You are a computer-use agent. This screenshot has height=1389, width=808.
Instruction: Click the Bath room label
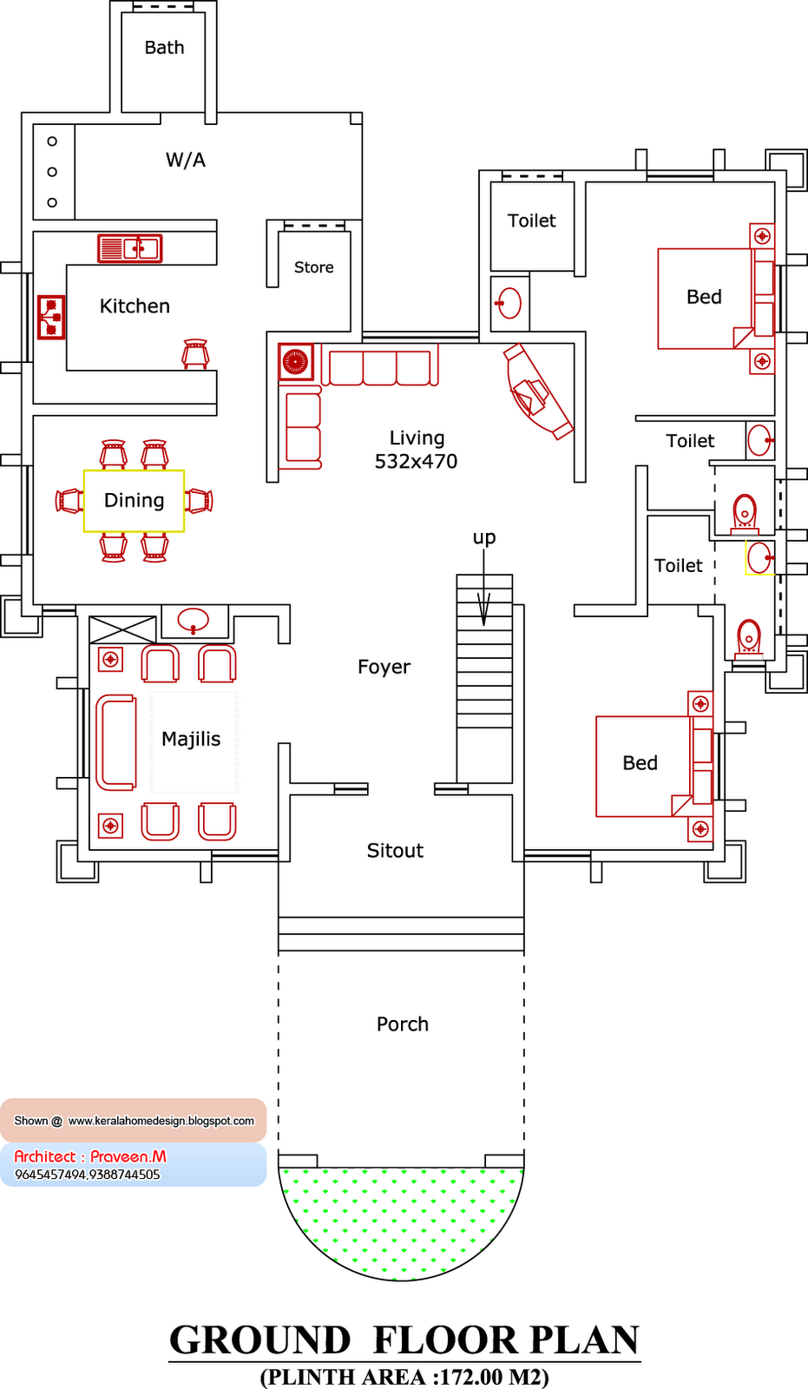click(164, 48)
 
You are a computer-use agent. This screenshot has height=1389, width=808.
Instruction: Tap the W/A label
click(186, 160)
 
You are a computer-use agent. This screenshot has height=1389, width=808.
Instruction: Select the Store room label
click(313, 267)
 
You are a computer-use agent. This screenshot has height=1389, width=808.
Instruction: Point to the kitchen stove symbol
click(51, 318)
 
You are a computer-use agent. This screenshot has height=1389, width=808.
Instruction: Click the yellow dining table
click(134, 501)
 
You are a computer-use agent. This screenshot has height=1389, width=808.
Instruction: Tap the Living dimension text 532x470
click(416, 462)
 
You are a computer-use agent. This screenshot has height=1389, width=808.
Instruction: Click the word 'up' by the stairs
click(484, 537)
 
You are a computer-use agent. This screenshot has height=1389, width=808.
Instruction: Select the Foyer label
click(384, 667)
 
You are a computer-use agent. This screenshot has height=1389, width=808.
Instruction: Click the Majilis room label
click(191, 739)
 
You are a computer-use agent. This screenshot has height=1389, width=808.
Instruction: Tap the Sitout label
click(395, 851)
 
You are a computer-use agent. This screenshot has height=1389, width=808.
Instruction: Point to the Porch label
click(403, 1024)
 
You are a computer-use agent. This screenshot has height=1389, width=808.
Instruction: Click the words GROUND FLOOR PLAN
click(404, 1340)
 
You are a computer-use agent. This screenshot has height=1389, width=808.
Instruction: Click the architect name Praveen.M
click(128, 1156)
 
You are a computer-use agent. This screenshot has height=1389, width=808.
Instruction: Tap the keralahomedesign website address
click(161, 1121)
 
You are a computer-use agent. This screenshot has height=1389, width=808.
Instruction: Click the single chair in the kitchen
click(195, 353)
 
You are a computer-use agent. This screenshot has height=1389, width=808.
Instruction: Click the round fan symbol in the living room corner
click(296, 362)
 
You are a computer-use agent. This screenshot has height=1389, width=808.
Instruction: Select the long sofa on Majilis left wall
click(115, 742)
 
